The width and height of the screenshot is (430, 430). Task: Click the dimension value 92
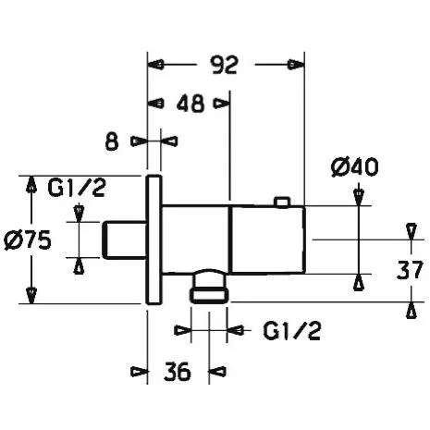pyautogui.click(x=224, y=65)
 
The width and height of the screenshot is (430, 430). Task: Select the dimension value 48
pyautogui.click(x=190, y=103)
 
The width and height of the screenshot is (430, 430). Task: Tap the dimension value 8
pyautogui.click(x=112, y=141)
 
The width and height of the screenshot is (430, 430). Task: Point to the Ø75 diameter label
pyautogui.click(x=28, y=240)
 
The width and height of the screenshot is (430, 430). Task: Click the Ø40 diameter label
pyautogui.click(x=354, y=167)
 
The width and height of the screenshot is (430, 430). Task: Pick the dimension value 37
pyautogui.click(x=410, y=270)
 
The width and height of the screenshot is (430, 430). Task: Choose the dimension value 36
pyautogui.click(x=178, y=372)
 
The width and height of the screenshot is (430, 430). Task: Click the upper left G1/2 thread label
pyautogui.click(x=77, y=188)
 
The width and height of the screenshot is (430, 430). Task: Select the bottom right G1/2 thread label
pyautogui.click(x=291, y=331)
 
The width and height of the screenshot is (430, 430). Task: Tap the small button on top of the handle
pyautogui.click(x=283, y=202)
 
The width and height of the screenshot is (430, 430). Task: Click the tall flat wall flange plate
pyautogui.click(x=154, y=240)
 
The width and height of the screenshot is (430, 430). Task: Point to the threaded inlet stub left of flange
pyautogui.click(x=124, y=240)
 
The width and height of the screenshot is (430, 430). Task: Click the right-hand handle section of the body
pyautogui.click(x=267, y=240)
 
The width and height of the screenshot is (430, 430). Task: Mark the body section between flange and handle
pyautogui.click(x=195, y=239)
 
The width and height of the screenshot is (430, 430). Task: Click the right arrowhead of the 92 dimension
pyautogui.click(x=295, y=65)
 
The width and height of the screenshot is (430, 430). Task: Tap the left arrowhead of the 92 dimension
pyautogui.click(x=155, y=65)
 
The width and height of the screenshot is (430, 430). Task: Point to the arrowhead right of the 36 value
pyautogui.click(x=217, y=371)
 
